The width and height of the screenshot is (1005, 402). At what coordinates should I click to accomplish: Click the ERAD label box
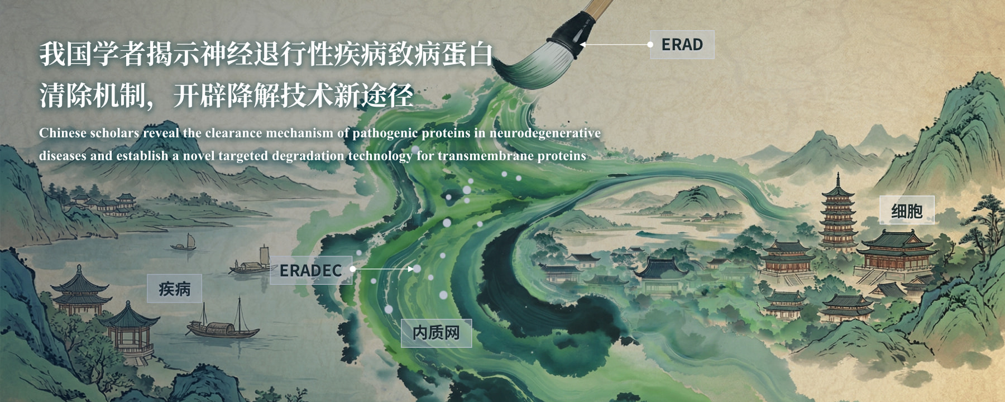coord(682,45)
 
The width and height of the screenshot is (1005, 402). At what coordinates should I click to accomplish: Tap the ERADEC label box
coord(311,270)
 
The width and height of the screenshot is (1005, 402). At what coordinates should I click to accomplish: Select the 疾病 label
coord(174,289)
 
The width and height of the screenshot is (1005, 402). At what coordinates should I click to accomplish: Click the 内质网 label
coord(436,333)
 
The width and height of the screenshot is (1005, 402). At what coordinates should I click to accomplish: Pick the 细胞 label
coord(907,210)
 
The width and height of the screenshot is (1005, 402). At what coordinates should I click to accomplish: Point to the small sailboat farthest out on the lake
coord(185,243)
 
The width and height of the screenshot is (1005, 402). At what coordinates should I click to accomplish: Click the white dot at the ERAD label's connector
coord(650,44)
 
